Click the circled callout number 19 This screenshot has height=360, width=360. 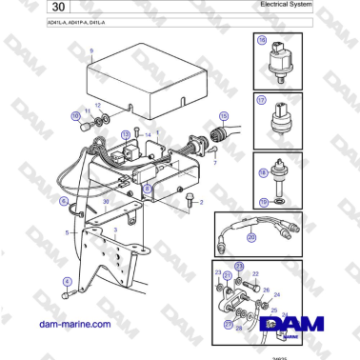[264, 202]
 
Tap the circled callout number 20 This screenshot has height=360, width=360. [250, 238]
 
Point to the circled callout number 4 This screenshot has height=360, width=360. [67, 281]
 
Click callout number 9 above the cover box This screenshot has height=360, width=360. [91, 50]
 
